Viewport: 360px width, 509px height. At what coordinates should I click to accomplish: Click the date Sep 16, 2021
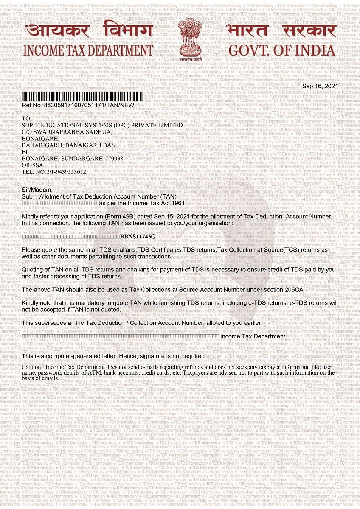(320, 86)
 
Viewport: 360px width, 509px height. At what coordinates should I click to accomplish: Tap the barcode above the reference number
(83, 96)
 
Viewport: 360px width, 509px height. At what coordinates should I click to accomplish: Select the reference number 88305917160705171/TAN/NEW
(89, 105)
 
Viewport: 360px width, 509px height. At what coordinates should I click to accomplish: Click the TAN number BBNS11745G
(138, 236)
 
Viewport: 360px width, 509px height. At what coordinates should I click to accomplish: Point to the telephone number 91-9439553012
(64, 172)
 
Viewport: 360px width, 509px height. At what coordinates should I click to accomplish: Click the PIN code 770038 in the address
(113, 158)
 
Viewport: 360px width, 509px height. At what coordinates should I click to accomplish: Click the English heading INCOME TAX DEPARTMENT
(88, 50)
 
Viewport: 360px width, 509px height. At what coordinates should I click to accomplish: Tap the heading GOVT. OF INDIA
(281, 50)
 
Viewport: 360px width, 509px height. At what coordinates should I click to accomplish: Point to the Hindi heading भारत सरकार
(281, 31)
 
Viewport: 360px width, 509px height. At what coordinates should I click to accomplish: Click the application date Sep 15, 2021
(171, 216)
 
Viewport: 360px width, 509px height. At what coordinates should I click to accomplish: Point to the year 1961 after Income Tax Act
(179, 204)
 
